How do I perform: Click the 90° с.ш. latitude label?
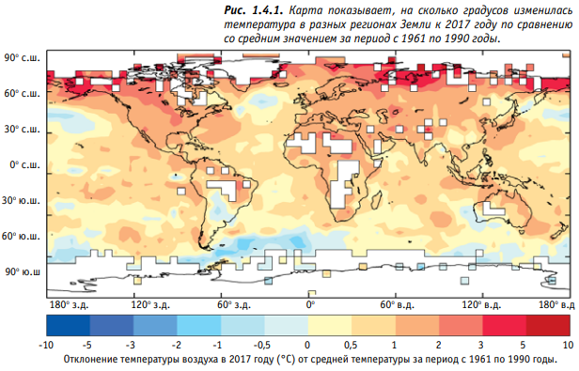pyautogui.click(x=22, y=58)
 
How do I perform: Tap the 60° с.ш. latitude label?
pyautogui.click(x=22, y=94)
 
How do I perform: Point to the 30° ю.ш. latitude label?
pyautogui.click(x=21, y=201)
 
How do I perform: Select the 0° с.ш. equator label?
pyautogui.click(x=24, y=165)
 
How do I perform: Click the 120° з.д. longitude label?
pyautogui.click(x=150, y=305)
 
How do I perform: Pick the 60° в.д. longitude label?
pyautogui.click(x=397, y=305)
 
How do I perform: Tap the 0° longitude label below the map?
pyautogui.click(x=310, y=304)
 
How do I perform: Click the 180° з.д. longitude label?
pyautogui.click(x=69, y=305)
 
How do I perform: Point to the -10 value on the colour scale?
pyautogui.click(x=46, y=345)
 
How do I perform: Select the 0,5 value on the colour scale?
pyautogui.click(x=351, y=345)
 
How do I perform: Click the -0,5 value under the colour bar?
pyautogui.click(x=262, y=345)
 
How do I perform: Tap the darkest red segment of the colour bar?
pyautogui.click(x=548, y=325)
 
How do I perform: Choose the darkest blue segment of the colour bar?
pyautogui.click(x=69, y=325)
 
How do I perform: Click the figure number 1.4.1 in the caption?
pyautogui.click(x=267, y=10)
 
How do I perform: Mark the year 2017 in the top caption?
pyautogui.click(x=457, y=24)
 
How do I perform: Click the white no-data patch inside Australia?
pyautogui.click(x=493, y=209)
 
